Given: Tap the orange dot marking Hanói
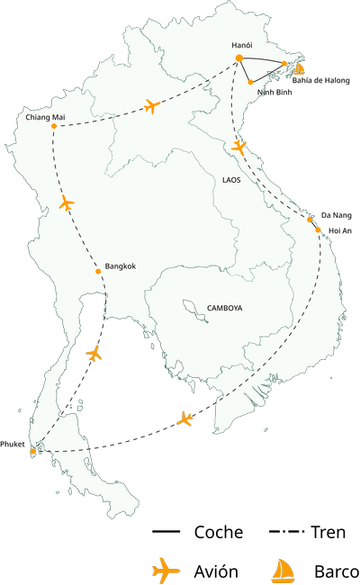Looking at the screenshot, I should click(x=239, y=58).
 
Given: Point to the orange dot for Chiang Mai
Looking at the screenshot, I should click(x=54, y=126).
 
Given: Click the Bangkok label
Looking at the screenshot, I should click(x=121, y=266).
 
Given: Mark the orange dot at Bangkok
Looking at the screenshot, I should click(x=98, y=271).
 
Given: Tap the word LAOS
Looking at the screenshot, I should click(x=231, y=180).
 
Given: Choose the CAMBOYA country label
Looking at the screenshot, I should click(x=225, y=308).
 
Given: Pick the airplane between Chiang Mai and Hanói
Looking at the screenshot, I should click(x=151, y=108).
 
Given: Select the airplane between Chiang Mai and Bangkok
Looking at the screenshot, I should click(x=65, y=204).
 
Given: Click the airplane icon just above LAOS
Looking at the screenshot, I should click(x=238, y=147).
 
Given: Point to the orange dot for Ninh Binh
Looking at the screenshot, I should click(x=249, y=82).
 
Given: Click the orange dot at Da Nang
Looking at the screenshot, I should click(x=310, y=219).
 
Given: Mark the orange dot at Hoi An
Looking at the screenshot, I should click(x=318, y=230).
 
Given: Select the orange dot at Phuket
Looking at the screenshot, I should click(x=32, y=450).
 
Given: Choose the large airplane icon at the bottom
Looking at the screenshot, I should click(x=166, y=570).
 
